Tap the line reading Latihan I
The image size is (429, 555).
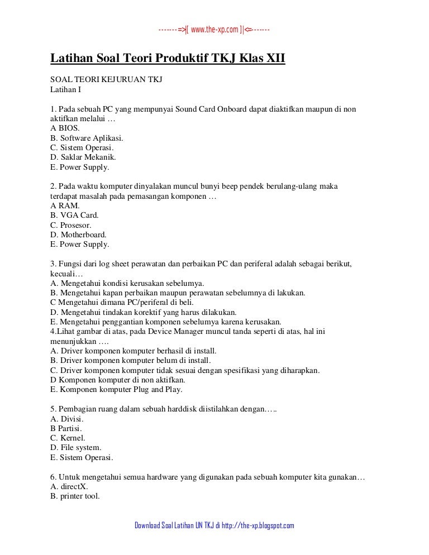click(x=66, y=89)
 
